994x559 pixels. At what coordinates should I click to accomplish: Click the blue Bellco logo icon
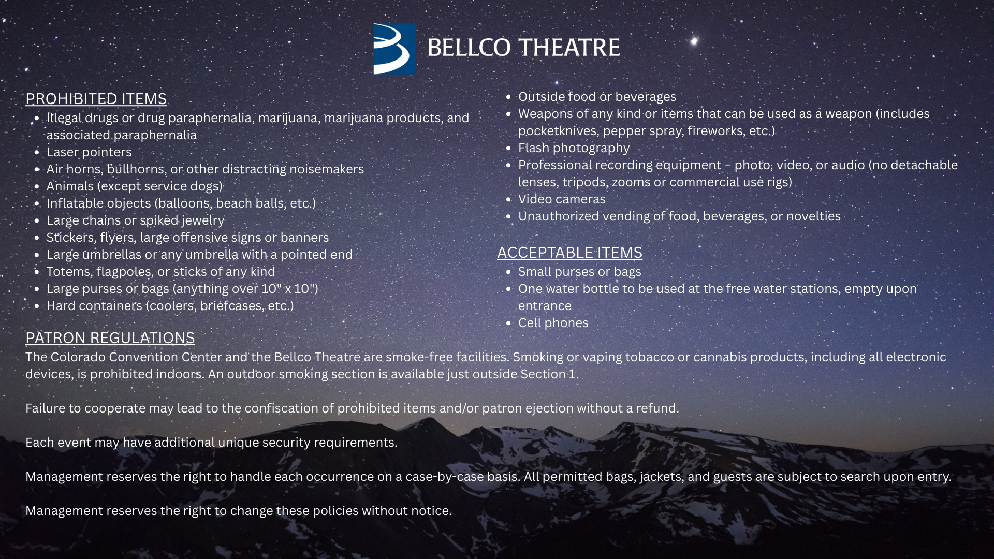[x=394, y=48]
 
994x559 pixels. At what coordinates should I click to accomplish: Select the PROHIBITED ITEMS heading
[x=96, y=98]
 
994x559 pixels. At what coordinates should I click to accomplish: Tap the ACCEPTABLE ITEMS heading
[x=569, y=252]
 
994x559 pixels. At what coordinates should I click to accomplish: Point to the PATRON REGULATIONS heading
[x=110, y=337]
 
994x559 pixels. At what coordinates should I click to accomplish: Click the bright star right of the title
[x=694, y=41]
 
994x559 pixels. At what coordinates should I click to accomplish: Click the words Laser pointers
[x=89, y=152]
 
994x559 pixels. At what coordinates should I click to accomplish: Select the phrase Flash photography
[x=574, y=148]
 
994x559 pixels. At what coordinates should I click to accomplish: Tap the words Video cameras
[x=562, y=199]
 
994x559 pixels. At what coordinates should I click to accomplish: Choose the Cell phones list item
[x=553, y=322]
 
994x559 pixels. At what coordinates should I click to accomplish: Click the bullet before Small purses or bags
[x=508, y=272]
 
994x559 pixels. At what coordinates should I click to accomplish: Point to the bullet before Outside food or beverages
[x=508, y=97]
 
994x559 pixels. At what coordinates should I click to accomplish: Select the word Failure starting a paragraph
[x=46, y=408]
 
